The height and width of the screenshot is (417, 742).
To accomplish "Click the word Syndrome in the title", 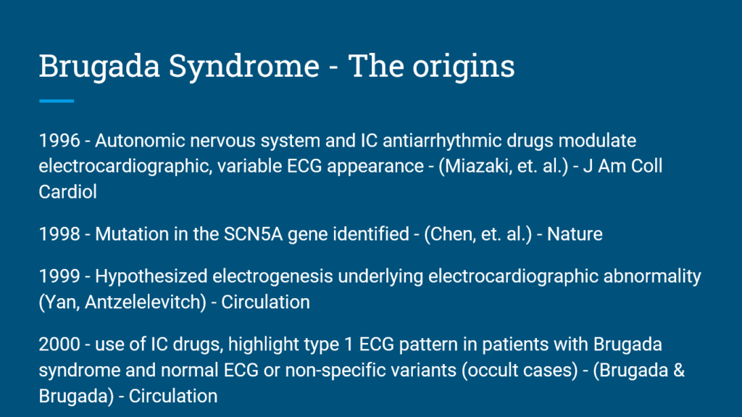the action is click(244, 66).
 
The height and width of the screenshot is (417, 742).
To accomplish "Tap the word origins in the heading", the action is click(463, 66).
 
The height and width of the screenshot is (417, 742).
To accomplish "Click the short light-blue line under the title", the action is click(57, 101).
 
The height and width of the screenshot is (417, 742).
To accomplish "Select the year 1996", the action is click(59, 141).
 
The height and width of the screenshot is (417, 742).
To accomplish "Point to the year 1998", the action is click(59, 234).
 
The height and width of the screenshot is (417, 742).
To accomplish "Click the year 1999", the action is click(59, 276).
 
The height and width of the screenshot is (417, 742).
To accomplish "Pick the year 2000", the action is click(59, 344).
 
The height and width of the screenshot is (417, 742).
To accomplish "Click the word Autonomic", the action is click(140, 141).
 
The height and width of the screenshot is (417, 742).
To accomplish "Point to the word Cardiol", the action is click(67, 192).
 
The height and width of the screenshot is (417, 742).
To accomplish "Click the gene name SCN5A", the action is click(253, 234).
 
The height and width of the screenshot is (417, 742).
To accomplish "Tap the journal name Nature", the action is click(575, 234).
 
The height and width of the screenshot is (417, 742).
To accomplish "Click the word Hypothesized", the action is click(151, 276).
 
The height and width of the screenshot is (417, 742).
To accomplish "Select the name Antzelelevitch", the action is click(144, 302).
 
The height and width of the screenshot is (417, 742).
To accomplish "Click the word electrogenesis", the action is click(272, 276).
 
